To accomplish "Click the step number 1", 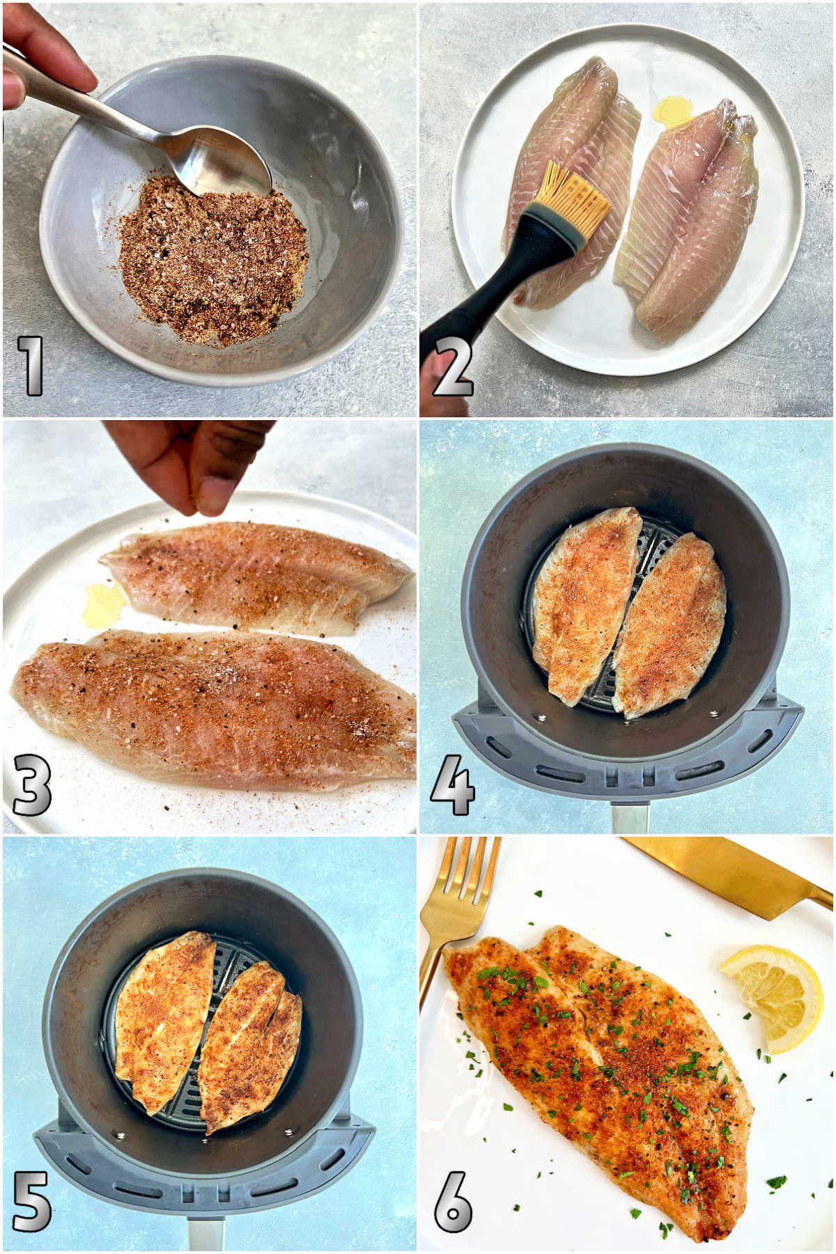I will [31, 365].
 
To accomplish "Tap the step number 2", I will [453, 365].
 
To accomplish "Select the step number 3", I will [32, 784].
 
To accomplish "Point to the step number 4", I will [453, 786].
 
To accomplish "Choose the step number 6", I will [454, 1201].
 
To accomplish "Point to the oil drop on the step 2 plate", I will [673, 109].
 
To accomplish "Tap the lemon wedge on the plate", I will [773, 996].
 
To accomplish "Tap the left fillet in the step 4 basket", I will [585, 599].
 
